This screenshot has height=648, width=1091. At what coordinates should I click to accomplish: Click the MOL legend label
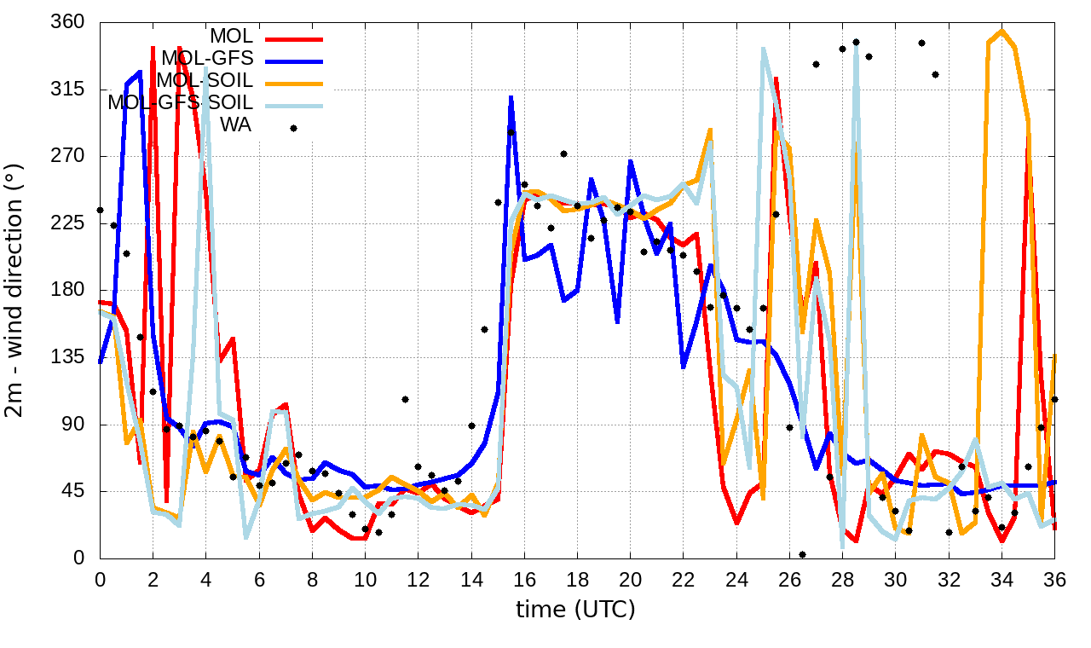[x=231, y=37]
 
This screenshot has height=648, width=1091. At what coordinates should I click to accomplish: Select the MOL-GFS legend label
[x=207, y=59]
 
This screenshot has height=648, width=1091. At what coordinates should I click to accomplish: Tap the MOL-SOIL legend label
[x=205, y=81]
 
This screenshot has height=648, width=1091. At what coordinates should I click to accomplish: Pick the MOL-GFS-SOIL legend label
[x=180, y=103]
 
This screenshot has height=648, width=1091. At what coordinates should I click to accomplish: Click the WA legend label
[x=236, y=125]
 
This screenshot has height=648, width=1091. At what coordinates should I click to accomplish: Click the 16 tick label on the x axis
[x=524, y=578]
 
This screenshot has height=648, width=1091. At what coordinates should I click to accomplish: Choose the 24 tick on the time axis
[x=736, y=578]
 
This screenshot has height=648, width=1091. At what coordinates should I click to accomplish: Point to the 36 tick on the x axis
[x=1054, y=578]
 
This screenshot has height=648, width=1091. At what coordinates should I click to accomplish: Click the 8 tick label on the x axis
[x=312, y=578]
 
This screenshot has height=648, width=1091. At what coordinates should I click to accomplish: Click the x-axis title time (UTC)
[x=576, y=610]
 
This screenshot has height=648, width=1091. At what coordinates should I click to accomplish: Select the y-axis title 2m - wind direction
[x=16, y=290]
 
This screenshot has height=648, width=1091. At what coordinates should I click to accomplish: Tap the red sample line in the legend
[x=294, y=38]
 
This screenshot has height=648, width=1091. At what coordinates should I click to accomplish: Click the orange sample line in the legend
[x=294, y=83]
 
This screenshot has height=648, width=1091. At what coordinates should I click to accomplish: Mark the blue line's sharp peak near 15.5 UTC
[x=511, y=98]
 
